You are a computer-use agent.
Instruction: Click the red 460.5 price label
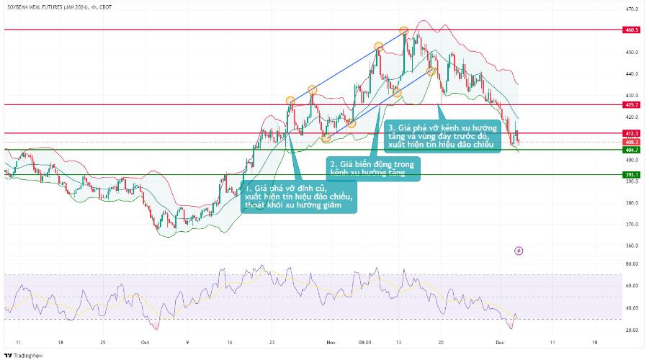(x=632, y=30)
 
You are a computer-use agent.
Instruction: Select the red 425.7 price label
(x=632, y=105)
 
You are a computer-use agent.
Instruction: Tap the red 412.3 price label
(x=632, y=133)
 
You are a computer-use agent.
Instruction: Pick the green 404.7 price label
(x=632, y=150)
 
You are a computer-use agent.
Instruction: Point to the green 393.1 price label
(x=632, y=175)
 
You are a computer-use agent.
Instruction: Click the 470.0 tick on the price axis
(x=631, y=9)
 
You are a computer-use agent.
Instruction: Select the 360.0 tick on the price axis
(x=631, y=246)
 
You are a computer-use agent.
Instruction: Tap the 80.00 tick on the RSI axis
(x=631, y=264)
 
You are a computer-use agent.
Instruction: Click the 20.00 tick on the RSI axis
(x=631, y=330)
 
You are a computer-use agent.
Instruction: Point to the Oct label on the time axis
(x=145, y=343)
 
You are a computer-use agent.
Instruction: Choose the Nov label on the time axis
(x=331, y=343)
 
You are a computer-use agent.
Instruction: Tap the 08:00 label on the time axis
(x=364, y=343)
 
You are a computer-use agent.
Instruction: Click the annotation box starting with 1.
(x=298, y=197)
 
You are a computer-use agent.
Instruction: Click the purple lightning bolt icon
(x=519, y=251)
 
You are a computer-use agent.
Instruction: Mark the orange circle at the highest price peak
(x=404, y=32)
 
